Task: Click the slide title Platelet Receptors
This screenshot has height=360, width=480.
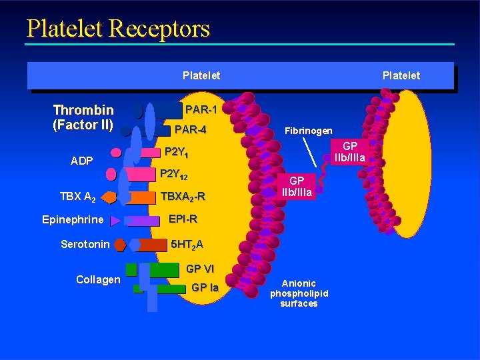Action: coord(118,29)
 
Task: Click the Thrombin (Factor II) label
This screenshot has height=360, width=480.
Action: coord(83,117)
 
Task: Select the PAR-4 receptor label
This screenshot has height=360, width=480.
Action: coord(189,129)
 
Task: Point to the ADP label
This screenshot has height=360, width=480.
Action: coord(83,161)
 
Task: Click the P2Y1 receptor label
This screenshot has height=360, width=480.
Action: coord(177,152)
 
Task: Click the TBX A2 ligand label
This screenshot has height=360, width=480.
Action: coord(78,197)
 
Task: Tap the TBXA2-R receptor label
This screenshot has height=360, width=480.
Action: coord(183,197)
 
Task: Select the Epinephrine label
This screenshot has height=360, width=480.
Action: coord(73,220)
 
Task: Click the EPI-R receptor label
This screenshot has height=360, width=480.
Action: coord(183,219)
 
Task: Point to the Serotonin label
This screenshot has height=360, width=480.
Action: coord(85,245)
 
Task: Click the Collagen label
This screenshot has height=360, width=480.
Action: coord(98,279)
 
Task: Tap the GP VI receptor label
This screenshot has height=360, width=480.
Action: coord(199,269)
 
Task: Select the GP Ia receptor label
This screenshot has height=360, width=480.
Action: coord(205,288)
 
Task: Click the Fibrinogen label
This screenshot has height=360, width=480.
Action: coord(308,131)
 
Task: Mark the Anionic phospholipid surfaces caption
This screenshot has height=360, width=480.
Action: coord(299,293)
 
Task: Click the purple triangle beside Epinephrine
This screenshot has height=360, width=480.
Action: coord(115,220)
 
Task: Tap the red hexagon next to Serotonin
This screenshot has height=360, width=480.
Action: coord(119,245)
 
